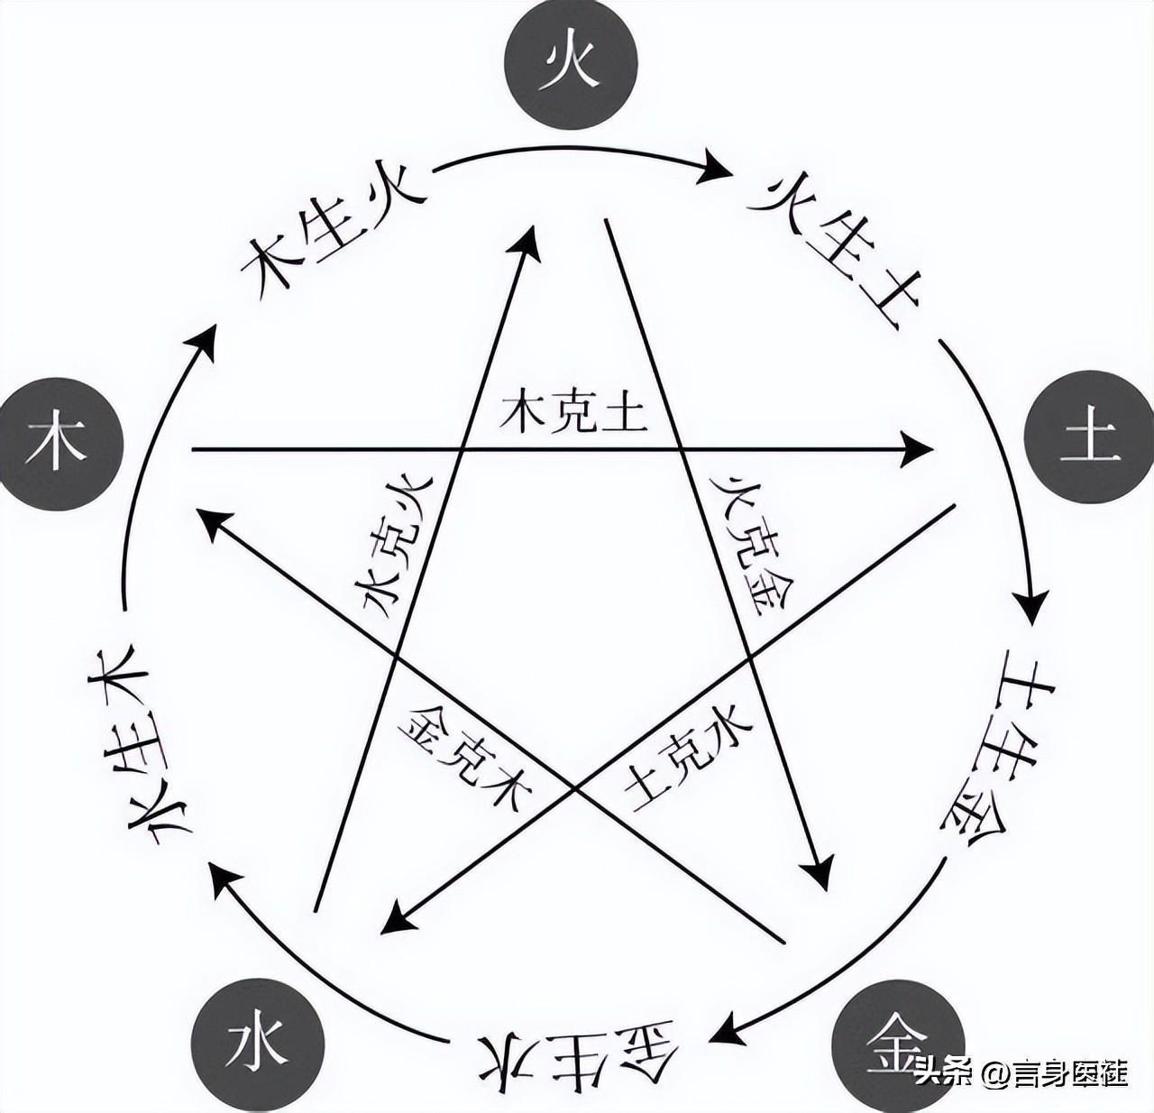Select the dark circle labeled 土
[1090, 441]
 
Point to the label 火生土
[829, 244]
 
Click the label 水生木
[135, 745]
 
